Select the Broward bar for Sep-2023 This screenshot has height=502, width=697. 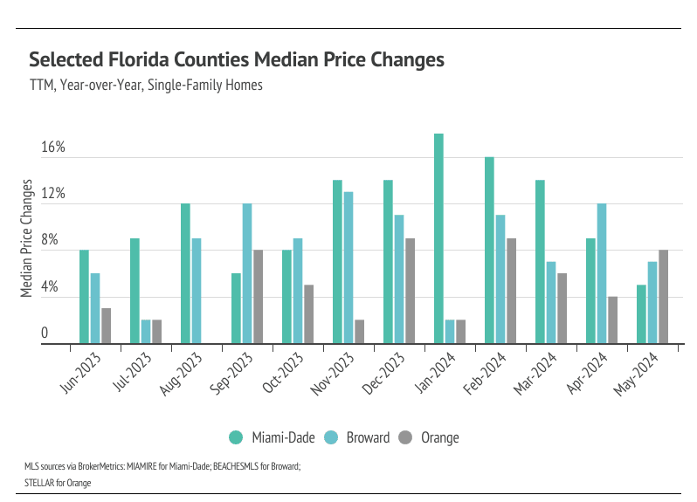[247, 273]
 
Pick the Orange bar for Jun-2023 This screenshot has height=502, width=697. [106, 326]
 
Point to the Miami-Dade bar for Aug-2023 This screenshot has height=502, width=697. [185, 273]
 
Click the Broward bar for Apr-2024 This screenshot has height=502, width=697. [602, 273]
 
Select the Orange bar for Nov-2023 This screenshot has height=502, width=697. [359, 332]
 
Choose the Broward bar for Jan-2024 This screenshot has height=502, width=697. [450, 332]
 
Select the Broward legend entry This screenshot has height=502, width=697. [357, 437]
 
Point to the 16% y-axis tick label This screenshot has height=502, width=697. [53, 148]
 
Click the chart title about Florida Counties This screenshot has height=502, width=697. [237, 59]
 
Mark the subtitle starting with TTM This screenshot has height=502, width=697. [146, 86]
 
